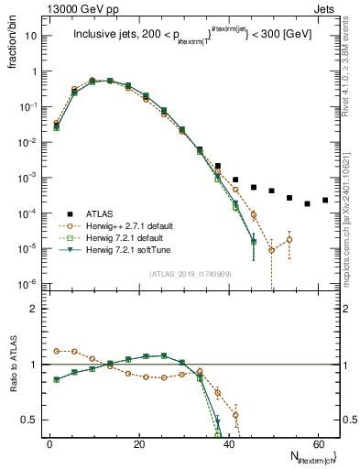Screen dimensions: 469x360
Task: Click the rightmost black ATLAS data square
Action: (x=325, y=200)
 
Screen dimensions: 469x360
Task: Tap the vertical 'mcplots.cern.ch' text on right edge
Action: (x=349, y=229)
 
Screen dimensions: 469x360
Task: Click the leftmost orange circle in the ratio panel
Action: (x=57, y=351)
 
